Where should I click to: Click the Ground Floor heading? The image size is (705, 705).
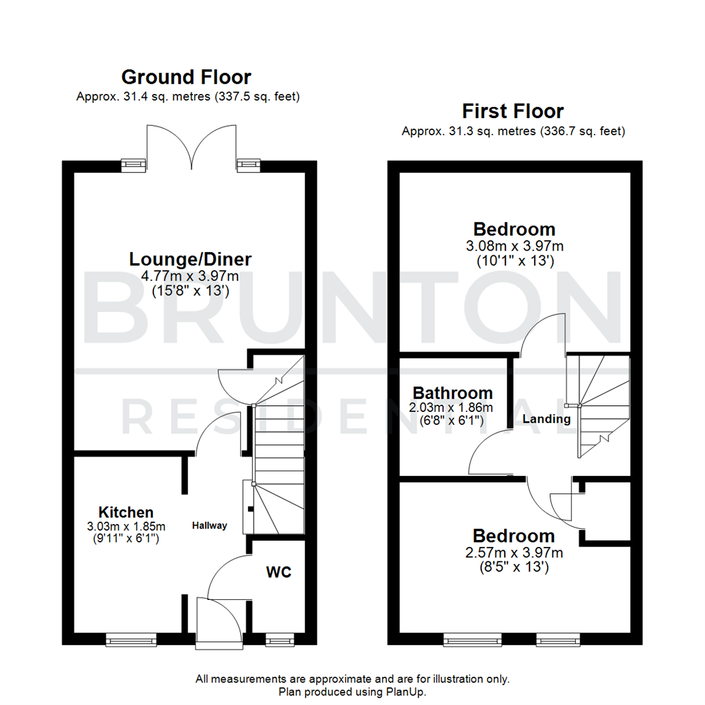coord(186,77)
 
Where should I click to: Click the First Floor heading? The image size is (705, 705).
coord(513,110)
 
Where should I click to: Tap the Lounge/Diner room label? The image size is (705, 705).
coord(189,259)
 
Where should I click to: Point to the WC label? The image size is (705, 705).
coord(278,572)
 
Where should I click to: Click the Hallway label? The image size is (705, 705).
coord(209,525)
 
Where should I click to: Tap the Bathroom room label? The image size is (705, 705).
coord(452,393)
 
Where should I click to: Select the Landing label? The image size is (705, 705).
coord(546,419)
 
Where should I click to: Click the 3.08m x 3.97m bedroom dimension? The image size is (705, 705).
coord(514,246)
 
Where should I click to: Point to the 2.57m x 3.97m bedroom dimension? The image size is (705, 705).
coord(514,554)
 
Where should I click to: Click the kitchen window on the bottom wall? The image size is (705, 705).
coord(131,641)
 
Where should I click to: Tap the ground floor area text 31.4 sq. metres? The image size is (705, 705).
coord(188,97)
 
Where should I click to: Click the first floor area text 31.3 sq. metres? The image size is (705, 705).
coord(513,131)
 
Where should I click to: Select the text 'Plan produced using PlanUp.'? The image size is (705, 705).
coord(352,691)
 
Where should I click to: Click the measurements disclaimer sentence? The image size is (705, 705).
coord(352,680)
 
